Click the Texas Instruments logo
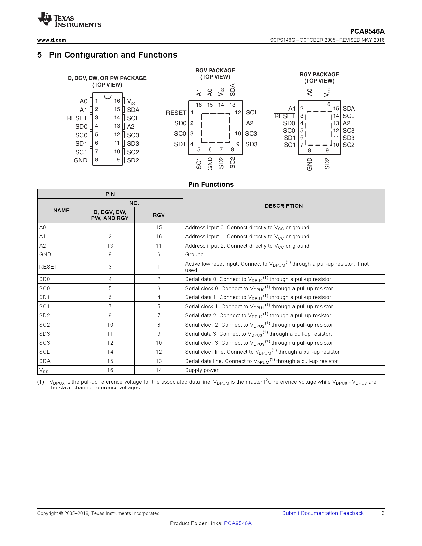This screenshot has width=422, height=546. pyautogui.click(x=69, y=20)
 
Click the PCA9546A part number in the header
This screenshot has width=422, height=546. pyautogui.click(x=367, y=31)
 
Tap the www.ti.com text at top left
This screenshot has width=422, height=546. pyautogui.click(x=51, y=40)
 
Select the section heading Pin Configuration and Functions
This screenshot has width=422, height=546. pyautogui.click(x=113, y=55)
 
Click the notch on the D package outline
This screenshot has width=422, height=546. pyautogui.click(x=107, y=96)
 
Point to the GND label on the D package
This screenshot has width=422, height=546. pyautogui.click(x=80, y=160)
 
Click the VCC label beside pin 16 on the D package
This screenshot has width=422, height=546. pyautogui.click(x=131, y=102)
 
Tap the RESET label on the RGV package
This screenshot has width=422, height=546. pyautogui.click(x=176, y=113)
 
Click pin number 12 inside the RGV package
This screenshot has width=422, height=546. pyautogui.click(x=238, y=113)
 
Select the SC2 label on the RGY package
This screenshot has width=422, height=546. pyautogui.click(x=349, y=145)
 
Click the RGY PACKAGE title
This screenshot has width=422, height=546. pyautogui.click(x=319, y=75)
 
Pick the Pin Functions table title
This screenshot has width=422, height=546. pyautogui.click(x=211, y=184)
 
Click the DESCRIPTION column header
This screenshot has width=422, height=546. pyautogui.click(x=284, y=206)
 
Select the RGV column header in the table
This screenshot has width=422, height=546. pyautogui.click(x=159, y=215)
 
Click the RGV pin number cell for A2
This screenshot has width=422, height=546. pyautogui.click(x=159, y=246)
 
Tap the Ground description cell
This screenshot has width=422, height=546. pyautogui.click(x=194, y=255)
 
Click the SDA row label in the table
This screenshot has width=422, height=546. pyautogui.click(x=45, y=361)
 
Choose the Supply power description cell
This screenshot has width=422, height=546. pyautogui.click(x=202, y=370)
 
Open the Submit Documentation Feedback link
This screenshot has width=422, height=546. pyautogui.click(x=323, y=513)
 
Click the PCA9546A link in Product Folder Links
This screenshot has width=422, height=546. pyautogui.click(x=238, y=523)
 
